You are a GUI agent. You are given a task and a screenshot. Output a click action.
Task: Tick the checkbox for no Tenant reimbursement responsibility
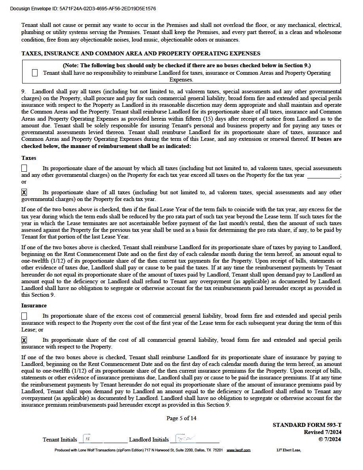click(x=35, y=73)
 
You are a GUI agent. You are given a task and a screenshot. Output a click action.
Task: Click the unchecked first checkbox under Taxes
click(x=24, y=168)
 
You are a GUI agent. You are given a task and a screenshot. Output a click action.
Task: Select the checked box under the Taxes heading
click(x=24, y=192)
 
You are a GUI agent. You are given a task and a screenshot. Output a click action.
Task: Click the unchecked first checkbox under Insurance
click(x=24, y=316)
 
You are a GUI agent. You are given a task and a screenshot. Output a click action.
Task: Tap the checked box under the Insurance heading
click(x=24, y=340)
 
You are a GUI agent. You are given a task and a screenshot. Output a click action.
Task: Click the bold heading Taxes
click(x=29, y=158)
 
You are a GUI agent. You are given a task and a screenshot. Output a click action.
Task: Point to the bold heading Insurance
click(x=34, y=305)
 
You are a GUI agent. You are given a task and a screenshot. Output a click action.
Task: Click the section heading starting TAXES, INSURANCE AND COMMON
click(x=141, y=53)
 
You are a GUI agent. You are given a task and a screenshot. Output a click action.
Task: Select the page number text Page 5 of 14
click(x=181, y=418)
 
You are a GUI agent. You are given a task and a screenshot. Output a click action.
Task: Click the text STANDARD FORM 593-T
click(x=307, y=425)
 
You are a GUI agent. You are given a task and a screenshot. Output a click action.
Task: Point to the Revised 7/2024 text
click(x=323, y=432)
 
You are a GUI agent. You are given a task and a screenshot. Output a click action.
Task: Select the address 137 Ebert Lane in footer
click(x=288, y=450)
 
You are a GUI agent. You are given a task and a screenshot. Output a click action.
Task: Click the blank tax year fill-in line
click(x=323, y=176)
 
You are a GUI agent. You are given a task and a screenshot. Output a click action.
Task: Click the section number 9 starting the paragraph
click(x=23, y=91)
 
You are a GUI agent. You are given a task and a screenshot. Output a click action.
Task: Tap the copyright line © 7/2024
click(x=330, y=439)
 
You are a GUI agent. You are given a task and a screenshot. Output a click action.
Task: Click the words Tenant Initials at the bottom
click(x=60, y=440)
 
